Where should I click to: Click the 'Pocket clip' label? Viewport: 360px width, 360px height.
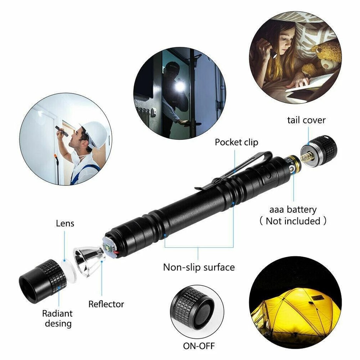pyautogui.click(x=236, y=142)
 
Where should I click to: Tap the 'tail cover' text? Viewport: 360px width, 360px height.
pyautogui.click(x=306, y=120)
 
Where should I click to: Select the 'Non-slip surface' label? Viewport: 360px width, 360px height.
pyautogui.click(x=199, y=267)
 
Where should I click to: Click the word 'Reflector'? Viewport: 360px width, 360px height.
pyautogui.click(x=106, y=304)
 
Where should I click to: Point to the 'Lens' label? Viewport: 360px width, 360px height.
pyautogui.click(x=65, y=223)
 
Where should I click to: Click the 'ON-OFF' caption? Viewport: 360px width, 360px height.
pyautogui.click(x=199, y=346)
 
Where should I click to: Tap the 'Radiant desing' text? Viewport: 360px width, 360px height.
pyautogui.click(x=57, y=318)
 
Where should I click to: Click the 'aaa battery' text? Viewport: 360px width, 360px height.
pyautogui.click(x=293, y=210)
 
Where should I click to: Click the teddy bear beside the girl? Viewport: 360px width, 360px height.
pyautogui.click(x=324, y=58)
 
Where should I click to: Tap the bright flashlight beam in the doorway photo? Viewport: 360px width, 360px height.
pyautogui.click(x=180, y=86)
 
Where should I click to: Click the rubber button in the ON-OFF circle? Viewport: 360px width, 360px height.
pyautogui.click(x=204, y=310)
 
